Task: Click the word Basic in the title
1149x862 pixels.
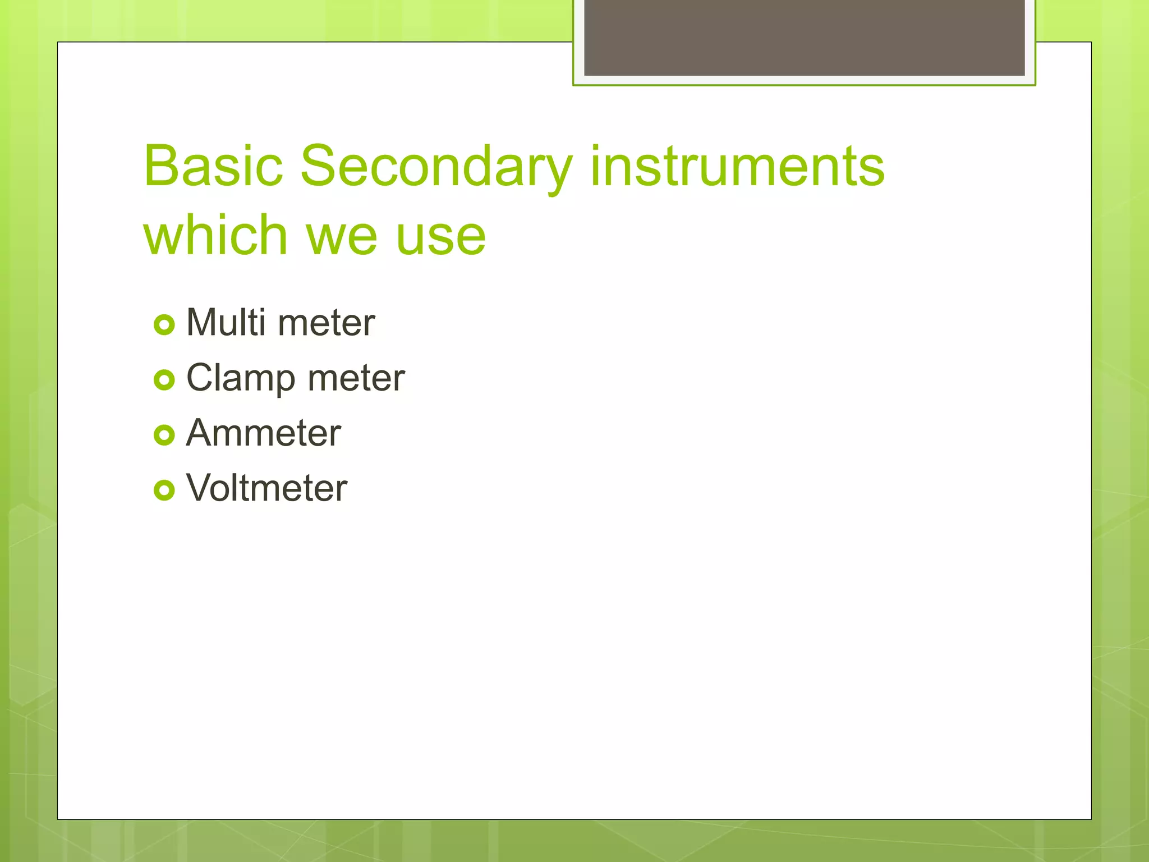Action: point(213,166)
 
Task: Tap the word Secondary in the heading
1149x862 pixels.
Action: point(436,167)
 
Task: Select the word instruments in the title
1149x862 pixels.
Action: point(737,166)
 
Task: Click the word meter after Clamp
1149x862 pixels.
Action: point(356,378)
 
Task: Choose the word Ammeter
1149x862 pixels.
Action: point(264,433)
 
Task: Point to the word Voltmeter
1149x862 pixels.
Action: point(267,488)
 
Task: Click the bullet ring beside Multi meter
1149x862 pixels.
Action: point(164,325)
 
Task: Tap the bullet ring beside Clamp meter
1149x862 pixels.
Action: point(164,380)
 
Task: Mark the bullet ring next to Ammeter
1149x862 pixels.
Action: point(164,435)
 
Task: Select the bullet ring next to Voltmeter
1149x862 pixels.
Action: point(164,490)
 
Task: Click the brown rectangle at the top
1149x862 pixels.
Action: point(804,37)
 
